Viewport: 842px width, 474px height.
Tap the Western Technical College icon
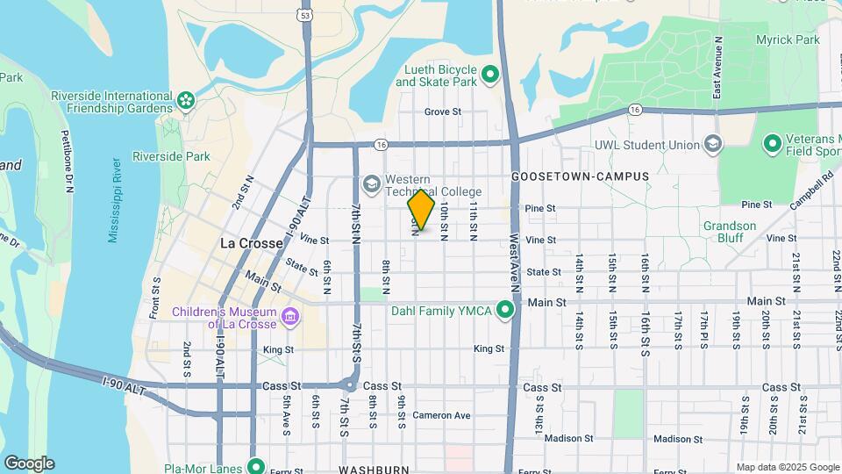point(372,183)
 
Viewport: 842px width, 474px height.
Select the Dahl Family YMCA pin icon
point(505,309)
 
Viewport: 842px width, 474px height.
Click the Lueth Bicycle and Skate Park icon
point(490,75)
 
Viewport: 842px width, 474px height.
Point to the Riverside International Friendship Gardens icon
point(185,102)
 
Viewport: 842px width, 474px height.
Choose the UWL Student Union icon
point(713,145)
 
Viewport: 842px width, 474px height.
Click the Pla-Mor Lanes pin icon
point(256,467)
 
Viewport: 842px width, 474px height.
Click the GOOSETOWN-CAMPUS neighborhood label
point(581,176)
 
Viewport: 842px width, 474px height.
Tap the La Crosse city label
point(251,243)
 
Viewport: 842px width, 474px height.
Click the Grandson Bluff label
point(729,232)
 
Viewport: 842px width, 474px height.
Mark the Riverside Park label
point(171,157)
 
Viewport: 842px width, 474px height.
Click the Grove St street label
point(443,111)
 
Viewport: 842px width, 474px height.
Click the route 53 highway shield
point(303,15)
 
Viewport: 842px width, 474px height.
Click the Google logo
point(29,463)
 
